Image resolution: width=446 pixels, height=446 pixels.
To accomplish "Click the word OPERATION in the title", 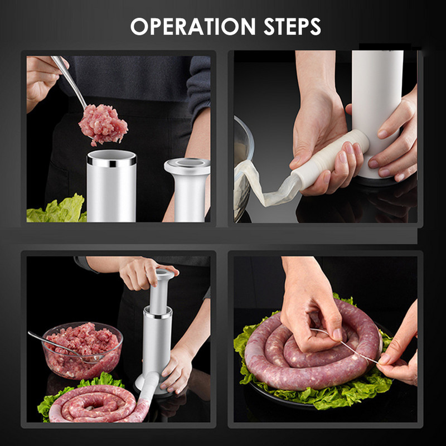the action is coord(193,26).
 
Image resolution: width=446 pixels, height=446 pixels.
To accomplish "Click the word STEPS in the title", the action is coord(292,26).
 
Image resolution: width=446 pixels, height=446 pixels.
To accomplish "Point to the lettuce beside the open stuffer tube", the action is coord(57,209).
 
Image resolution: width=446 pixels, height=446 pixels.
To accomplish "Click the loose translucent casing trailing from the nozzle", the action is coord(264,185).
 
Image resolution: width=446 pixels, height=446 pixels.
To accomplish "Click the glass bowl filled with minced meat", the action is coord(83,351).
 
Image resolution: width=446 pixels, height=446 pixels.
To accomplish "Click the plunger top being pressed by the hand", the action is coord(164,274).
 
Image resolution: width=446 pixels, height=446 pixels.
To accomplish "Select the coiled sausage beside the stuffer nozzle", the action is coord(94,404).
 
